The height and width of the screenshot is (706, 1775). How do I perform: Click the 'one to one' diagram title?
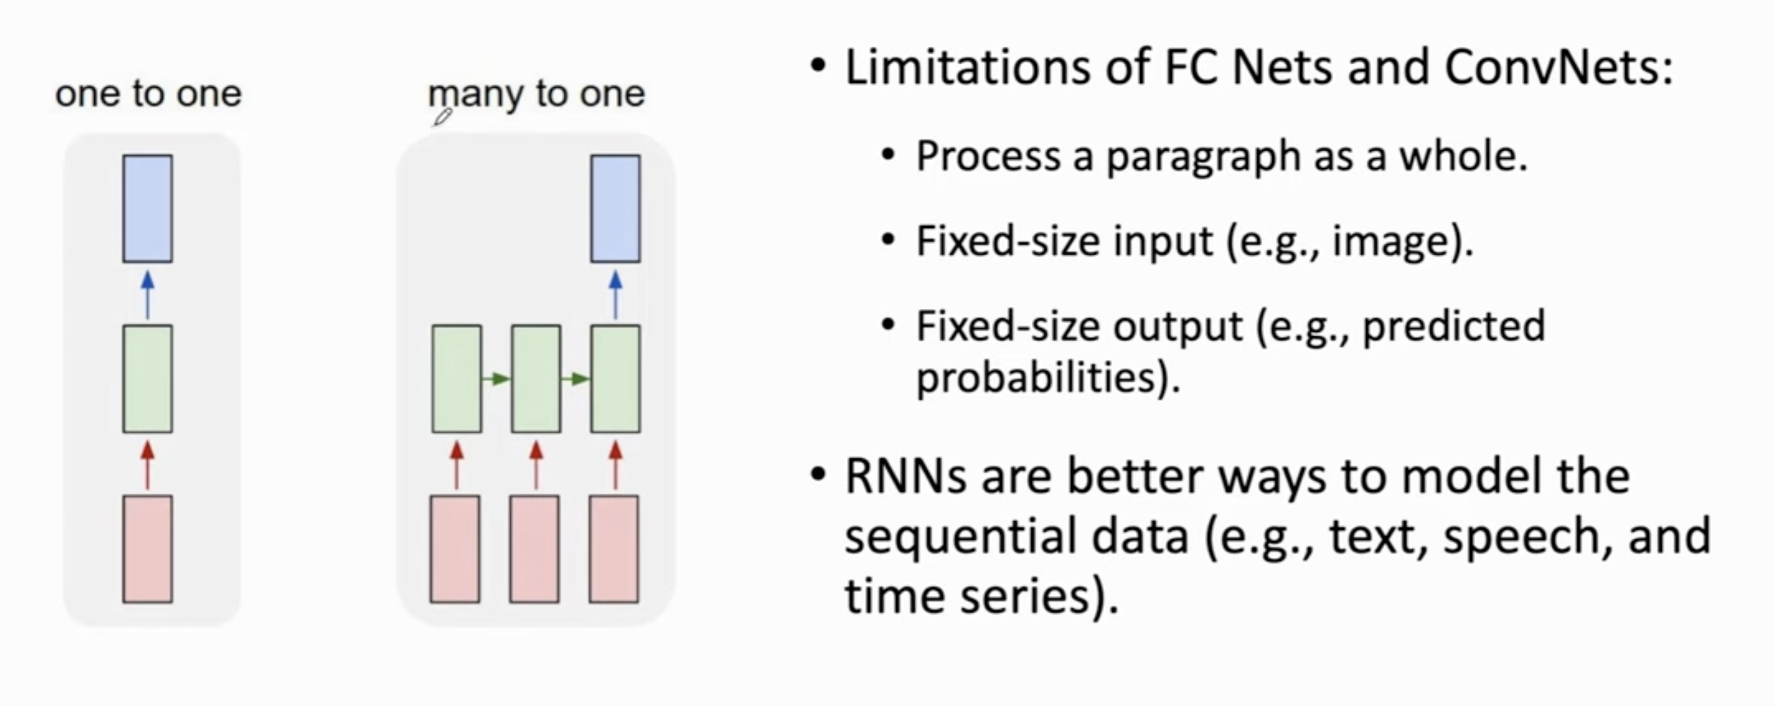point(149,93)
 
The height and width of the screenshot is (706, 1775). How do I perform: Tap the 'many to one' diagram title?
point(537,94)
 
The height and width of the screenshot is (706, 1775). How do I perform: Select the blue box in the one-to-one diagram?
point(148,209)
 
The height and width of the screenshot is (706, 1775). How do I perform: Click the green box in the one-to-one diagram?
point(148,379)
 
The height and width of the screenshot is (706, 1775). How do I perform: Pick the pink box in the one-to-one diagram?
point(148,549)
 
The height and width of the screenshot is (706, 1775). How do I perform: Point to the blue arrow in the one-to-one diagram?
point(147,295)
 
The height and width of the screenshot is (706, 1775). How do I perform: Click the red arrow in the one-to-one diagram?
point(147,465)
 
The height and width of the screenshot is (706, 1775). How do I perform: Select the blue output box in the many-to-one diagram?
point(615,209)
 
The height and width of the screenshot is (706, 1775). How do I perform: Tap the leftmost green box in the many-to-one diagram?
point(457,379)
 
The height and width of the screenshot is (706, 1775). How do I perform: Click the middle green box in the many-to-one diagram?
point(536,379)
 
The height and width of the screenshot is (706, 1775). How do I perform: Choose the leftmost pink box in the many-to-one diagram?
point(455,549)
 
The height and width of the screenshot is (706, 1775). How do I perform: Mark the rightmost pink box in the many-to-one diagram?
point(614,549)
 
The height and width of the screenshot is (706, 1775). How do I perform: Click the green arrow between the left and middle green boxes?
point(496,379)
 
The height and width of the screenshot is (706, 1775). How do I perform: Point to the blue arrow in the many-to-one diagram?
point(615,295)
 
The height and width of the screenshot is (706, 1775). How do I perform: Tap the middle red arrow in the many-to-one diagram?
point(536,465)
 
